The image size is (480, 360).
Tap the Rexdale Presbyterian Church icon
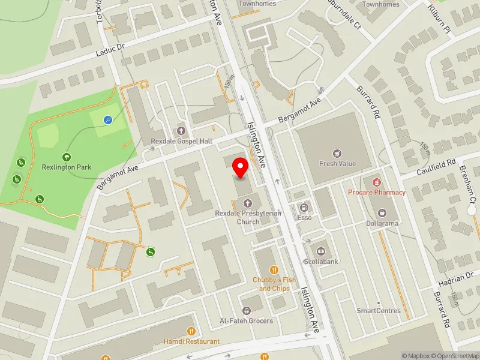247,203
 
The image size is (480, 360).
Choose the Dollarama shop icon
382,213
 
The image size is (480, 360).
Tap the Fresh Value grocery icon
337,153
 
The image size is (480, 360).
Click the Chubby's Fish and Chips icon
274,269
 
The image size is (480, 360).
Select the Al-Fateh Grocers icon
246,310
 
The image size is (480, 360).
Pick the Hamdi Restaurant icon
191,331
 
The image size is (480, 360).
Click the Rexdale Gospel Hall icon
181,131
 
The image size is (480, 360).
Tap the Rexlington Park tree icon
66,157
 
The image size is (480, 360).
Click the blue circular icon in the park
107,120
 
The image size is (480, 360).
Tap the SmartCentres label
378,311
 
